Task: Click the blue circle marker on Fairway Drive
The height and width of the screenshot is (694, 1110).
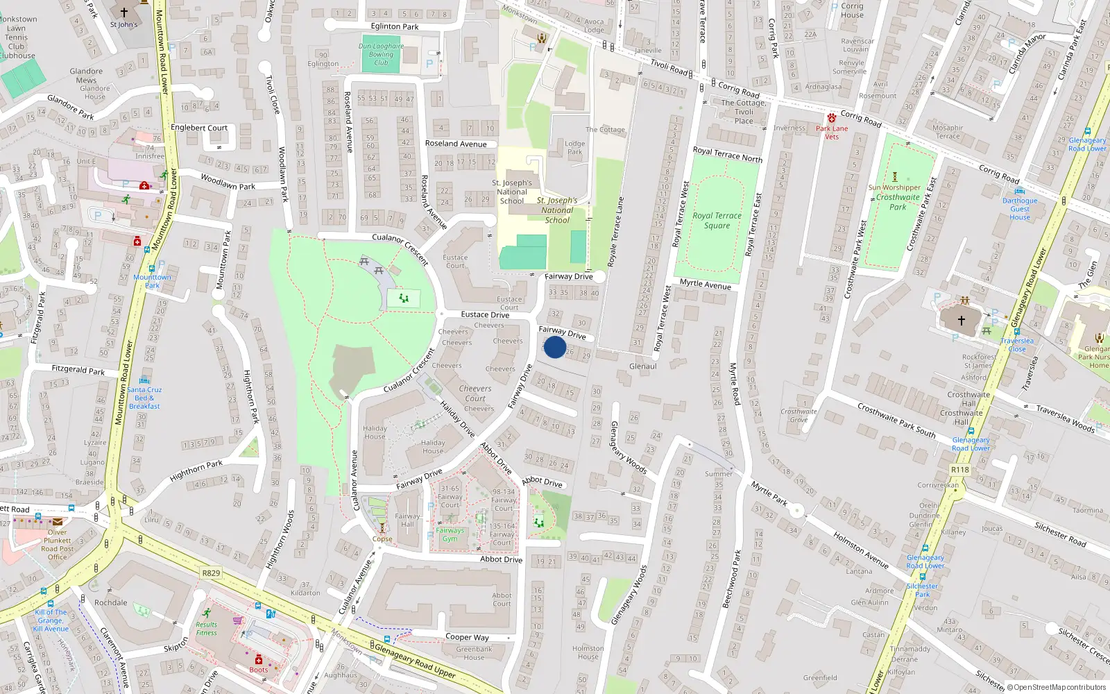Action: pyautogui.click(x=555, y=347)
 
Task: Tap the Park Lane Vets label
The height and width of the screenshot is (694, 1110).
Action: pyautogui.click(x=832, y=133)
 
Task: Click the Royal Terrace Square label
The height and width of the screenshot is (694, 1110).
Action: pyautogui.click(x=717, y=221)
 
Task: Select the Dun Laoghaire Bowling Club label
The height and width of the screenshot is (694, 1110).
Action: pyautogui.click(x=381, y=54)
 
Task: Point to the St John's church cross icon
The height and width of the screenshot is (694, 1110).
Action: pyautogui.click(x=124, y=12)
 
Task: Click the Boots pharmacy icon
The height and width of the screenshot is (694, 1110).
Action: pyautogui.click(x=259, y=659)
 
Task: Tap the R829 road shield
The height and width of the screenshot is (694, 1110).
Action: pyautogui.click(x=211, y=573)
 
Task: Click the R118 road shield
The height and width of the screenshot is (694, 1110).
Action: pyautogui.click(x=960, y=470)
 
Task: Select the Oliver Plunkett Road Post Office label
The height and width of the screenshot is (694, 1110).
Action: pyautogui.click(x=58, y=544)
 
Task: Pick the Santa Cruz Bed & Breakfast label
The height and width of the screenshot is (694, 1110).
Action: pyautogui.click(x=144, y=398)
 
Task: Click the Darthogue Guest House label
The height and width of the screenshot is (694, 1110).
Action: pyautogui.click(x=1020, y=209)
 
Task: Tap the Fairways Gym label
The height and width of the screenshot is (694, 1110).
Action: pyautogui.click(x=450, y=534)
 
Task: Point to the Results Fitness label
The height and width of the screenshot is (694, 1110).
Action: pyautogui.click(x=206, y=628)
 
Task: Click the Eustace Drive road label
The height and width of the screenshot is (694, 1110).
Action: pyautogui.click(x=485, y=314)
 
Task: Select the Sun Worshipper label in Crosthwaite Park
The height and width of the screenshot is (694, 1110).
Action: pyautogui.click(x=894, y=187)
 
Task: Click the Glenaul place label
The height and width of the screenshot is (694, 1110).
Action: pyautogui.click(x=642, y=366)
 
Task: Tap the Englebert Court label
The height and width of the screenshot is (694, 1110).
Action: pyautogui.click(x=199, y=128)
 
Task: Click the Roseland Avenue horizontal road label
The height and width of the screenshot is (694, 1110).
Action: pyautogui.click(x=456, y=144)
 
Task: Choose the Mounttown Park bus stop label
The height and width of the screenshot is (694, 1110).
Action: pyautogui.click(x=152, y=281)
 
